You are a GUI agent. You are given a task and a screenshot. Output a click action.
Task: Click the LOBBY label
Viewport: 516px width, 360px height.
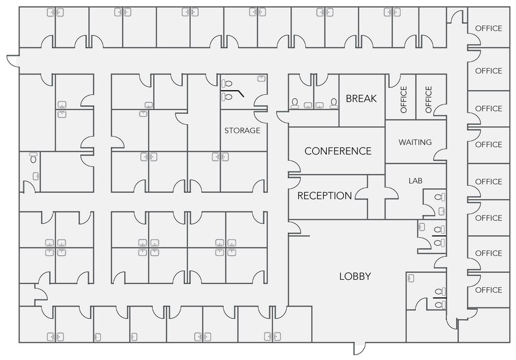pos(355,276)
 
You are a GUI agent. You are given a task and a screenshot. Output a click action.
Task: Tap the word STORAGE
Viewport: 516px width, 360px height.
pos(242,130)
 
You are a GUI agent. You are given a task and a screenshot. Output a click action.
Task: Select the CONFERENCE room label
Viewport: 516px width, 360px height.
pos(338,151)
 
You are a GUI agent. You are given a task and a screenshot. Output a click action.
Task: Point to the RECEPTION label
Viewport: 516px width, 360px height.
pos(324,196)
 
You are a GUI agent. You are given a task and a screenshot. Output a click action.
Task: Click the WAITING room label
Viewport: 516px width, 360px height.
pos(415,142)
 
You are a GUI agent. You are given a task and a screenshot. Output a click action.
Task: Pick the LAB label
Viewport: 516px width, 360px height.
pos(415,181)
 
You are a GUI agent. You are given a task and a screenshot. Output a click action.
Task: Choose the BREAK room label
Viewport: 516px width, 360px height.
pos(361,99)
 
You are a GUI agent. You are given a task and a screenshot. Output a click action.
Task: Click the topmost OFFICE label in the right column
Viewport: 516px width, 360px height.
pos(488,28)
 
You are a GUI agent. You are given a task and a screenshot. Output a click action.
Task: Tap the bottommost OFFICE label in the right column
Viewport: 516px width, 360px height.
pos(488,290)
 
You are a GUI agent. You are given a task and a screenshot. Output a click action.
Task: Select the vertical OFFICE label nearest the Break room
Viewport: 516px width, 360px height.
pos(403,99)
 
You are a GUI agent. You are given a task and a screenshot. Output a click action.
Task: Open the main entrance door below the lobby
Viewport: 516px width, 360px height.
pos(359,348)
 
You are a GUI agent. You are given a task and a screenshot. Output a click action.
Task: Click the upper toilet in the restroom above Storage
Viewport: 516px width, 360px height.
pos(227,83)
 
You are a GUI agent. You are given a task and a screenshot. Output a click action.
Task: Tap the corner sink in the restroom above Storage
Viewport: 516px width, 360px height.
pos(261,78)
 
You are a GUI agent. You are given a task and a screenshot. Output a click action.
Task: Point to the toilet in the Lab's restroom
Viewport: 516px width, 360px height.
pos(439,197)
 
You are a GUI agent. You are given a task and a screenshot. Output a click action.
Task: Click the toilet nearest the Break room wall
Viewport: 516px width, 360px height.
pos(334,103)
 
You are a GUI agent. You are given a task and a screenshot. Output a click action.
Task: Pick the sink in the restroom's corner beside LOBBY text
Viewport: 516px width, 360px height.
pos(411,279)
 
